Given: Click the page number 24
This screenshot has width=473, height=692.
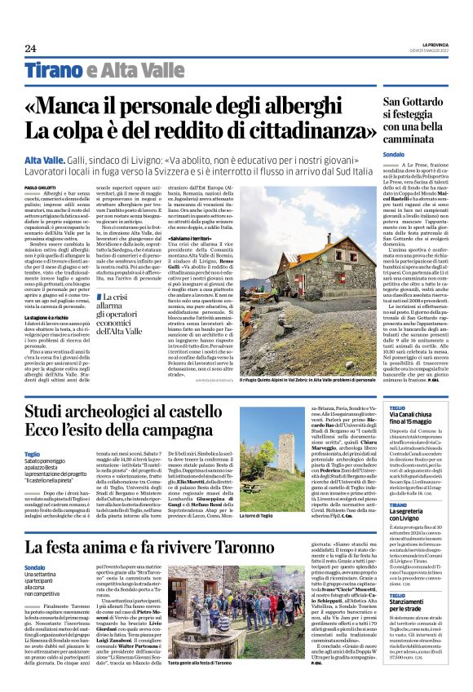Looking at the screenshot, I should [x=30, y=47].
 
